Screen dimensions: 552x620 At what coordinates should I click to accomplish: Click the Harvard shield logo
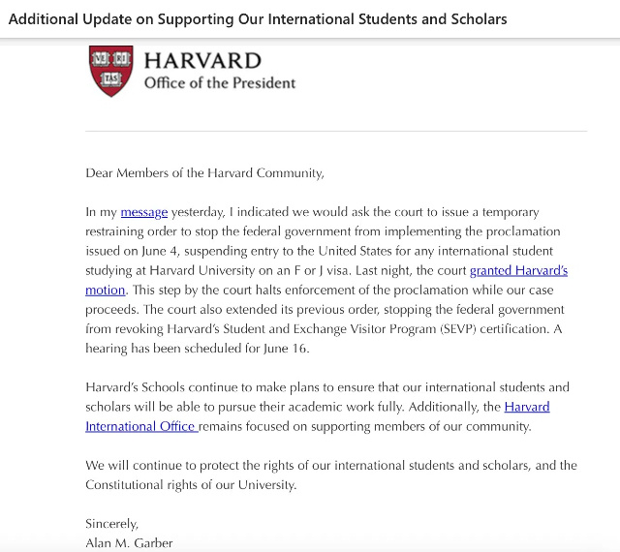(111, 71)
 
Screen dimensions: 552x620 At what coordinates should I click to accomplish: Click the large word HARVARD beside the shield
(202, 61)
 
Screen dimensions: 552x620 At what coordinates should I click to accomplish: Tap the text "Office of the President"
(220, 83)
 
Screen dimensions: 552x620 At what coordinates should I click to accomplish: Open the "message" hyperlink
(144, 212)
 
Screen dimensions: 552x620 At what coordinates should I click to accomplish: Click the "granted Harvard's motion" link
(518, 271)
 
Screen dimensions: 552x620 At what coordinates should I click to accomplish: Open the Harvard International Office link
(141, 426)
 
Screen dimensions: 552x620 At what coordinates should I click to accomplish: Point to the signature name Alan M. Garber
(129, 542)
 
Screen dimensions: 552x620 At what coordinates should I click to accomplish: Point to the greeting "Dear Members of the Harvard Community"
(203, 173)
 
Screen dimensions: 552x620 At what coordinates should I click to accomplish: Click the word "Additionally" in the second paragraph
(437, 407)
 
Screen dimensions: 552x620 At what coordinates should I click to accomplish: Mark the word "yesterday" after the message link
(201, 212)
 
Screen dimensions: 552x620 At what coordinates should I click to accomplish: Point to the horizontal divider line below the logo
(335, 131)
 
